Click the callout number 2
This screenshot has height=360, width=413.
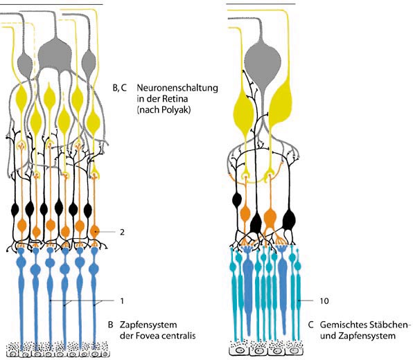pyautogui.click(x=122, y=232)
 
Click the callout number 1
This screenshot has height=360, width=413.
pyautogui.click(x=122, y=300)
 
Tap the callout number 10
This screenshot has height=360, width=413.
pyautogui.click(x=324, y=300)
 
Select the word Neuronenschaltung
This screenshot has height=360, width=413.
pyautogui.click(x=177, y=88)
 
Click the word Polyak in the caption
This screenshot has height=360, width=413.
pyautogui.click(x=176, y=110)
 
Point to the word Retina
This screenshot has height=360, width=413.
pyautogui.click(x=175, y=99)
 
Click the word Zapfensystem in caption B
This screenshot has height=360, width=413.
pyautogui.click(x=148, y=325)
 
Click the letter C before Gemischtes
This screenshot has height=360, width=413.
pyautogui.click(x=311, y=325)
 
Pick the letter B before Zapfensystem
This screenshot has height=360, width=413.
pyautogui.click(x=110, y=325)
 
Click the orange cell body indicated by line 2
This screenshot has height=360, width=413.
pyautogui.click(x=95, y=232)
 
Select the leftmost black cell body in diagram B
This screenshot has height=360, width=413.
pyautogui.click(x=15, y=210)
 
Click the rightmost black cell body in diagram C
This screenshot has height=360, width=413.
pyautogui.click(x=289, y=218)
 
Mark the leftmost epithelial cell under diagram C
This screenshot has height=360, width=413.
pyautogui.click(x=239, y=350)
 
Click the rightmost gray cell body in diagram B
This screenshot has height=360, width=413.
pyautogui.click(x=89, y=63)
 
